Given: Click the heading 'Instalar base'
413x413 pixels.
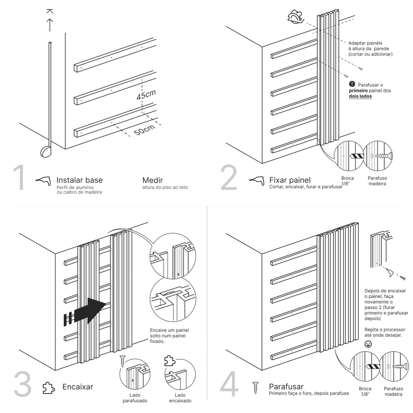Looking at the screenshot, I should (x=79, y=180).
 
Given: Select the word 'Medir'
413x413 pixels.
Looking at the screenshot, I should (x=153, y=180).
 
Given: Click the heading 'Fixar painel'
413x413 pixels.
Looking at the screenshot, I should (x=290, y=180).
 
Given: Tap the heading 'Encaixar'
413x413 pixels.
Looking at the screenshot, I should (x=78, y=387).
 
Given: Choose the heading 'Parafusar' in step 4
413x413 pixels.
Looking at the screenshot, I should (x=286, y=386).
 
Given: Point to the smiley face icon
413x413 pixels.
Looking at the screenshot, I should (x=368, y=344).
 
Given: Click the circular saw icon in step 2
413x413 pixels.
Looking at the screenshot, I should (x=296, y=16).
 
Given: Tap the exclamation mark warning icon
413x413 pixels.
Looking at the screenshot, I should (x=352, y=84).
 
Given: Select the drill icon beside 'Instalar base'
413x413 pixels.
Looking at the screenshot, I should (x=43, y=181).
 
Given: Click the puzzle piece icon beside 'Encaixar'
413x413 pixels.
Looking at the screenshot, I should (x=49, y=388).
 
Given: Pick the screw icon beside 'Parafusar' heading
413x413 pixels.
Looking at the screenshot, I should (x=256, y=388).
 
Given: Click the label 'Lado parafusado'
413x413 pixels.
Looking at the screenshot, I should (x=135, y=398).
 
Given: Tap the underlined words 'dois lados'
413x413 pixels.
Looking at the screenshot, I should (x=360, y=96).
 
